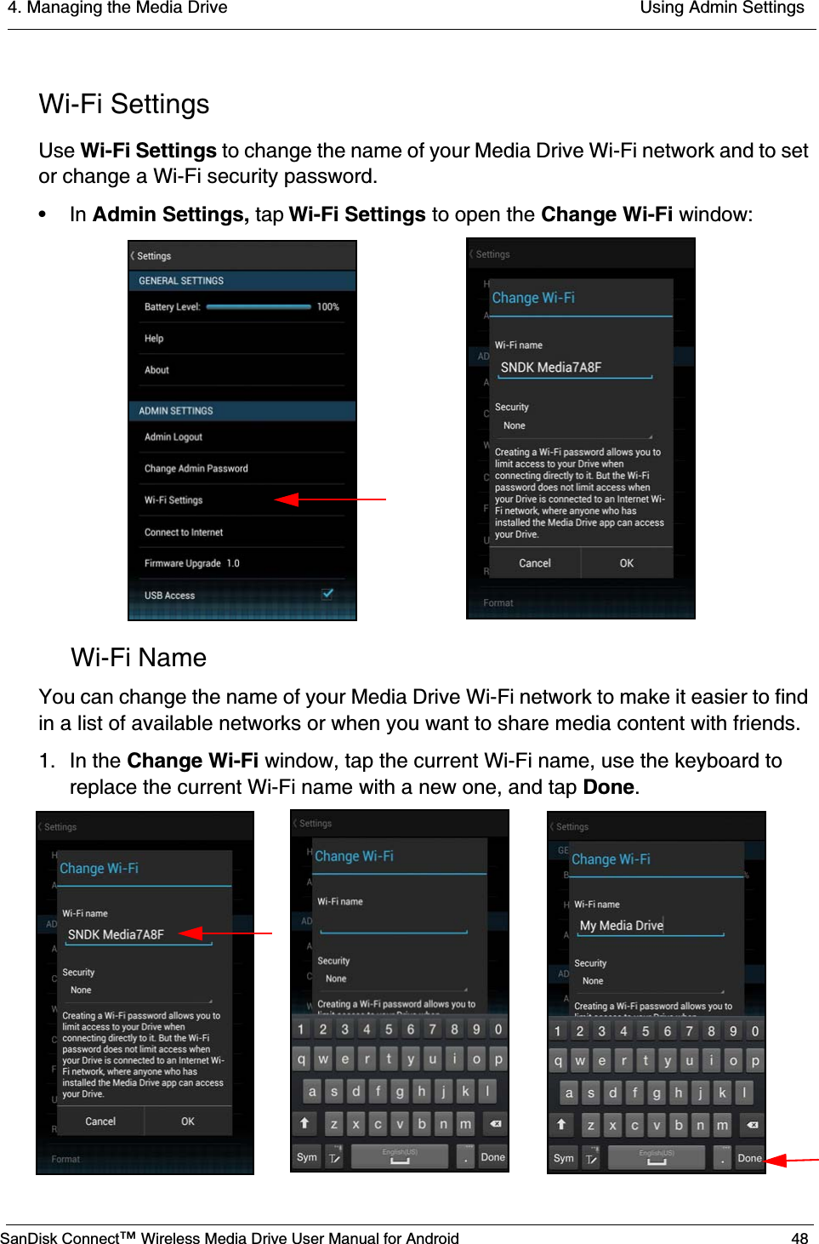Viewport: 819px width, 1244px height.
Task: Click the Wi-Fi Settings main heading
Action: click(x=124, y=104)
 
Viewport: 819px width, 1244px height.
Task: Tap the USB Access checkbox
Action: click(x=327, y=594)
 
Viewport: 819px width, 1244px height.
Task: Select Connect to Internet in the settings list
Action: click(x=184, y=532)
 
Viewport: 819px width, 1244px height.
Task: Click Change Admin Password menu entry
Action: click(x=196, y=468)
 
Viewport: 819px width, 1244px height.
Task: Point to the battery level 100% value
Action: click(x=327, y=306)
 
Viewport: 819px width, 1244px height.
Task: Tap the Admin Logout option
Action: click(x=173, y=437)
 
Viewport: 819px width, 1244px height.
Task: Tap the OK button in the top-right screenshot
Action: click(x=626, y=563)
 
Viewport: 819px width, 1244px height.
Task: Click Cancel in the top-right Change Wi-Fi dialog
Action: click(x=534, y=563)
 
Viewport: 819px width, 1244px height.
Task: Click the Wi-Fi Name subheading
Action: click(x=139, y=658)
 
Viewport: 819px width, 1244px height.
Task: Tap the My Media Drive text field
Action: click(x=651, y=926)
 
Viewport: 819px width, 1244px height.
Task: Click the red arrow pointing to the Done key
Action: click(x=791, y=1159)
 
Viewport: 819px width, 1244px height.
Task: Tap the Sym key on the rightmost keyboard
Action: click(x=563, y=1158)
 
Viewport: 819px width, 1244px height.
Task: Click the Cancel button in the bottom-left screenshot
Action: click(x=100, y=1121)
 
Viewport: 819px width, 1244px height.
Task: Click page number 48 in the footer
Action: click(x=799, y=1238)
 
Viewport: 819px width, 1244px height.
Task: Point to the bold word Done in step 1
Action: click(x=608, y=787)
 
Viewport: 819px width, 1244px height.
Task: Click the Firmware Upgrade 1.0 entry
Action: click(x=192, y=563)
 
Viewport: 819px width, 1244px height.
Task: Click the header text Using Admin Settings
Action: click(x=721, y=9)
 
